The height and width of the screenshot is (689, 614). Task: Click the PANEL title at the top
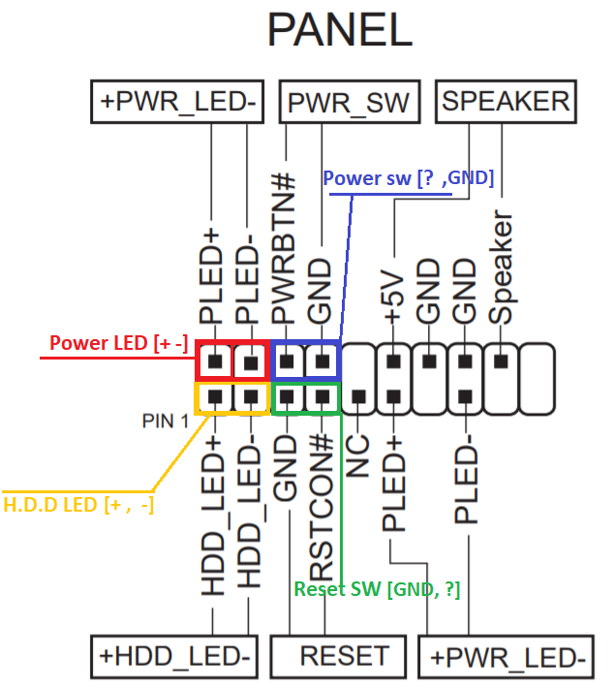pyautogui.click(x=339, y=31)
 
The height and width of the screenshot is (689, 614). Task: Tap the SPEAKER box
pyautogui.click(x=506, y=102)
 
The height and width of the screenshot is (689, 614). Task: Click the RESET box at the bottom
pyautogui.click(x=344, y=655)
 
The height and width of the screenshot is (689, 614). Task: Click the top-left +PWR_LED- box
pyautogui.click(x=177, y=102)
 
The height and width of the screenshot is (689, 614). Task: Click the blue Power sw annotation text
pyautogui.click(x=408, y=178)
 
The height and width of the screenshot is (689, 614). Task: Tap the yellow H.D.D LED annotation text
pyautogui.click(x=78, y=504)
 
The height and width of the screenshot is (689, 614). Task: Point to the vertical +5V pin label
pyautogui.click(x=392, y=291)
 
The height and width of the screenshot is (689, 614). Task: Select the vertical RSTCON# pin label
pyautogui.click(x=322, y=504)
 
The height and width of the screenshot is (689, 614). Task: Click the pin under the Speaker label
pyautogui.click(x=501, y=360)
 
